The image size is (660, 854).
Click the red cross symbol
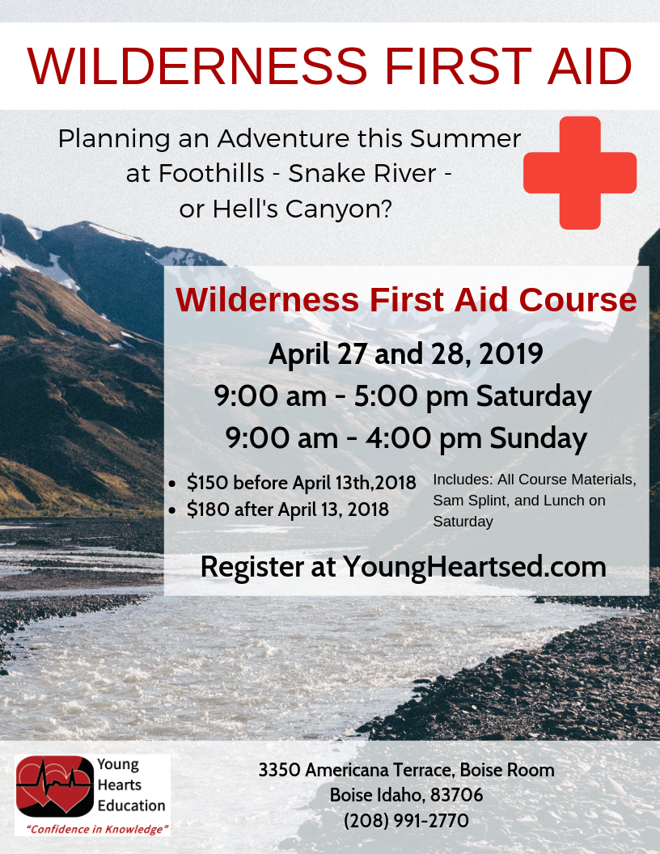(580, 172)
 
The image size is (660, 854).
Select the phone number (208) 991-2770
(406, 821)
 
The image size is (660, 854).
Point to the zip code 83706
(456, 795)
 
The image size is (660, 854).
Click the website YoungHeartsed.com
(474, 566)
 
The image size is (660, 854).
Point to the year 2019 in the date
(507, 354)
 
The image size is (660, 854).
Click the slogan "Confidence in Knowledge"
(97, 829)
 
